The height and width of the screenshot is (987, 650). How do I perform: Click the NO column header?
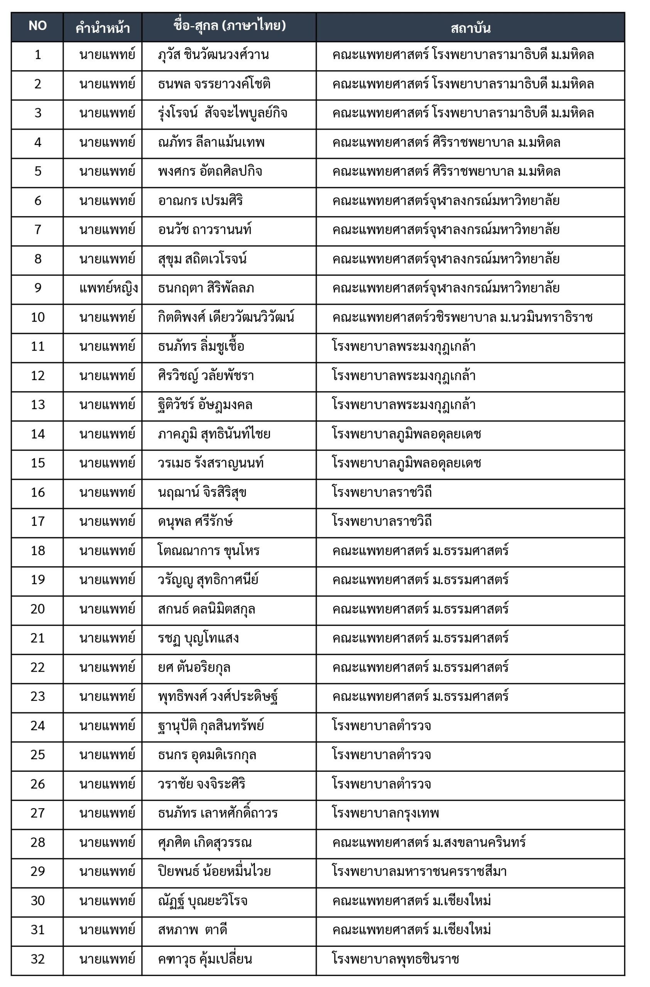point(37,26)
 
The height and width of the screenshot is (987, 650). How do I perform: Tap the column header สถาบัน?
point(470,28)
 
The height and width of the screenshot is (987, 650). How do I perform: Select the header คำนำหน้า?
point(103,28)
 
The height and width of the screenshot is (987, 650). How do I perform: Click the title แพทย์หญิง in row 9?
point(108,288)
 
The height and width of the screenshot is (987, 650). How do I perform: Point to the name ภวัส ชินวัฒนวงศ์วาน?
point(213,55)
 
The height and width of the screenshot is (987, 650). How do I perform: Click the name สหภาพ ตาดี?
point(192,930)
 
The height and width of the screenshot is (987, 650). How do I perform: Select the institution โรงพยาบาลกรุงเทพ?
point(385,813)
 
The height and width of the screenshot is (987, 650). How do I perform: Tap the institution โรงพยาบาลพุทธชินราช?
point(395,959)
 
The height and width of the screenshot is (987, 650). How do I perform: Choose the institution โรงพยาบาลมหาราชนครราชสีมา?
point(419,871)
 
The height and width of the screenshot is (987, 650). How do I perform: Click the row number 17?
point(37,521)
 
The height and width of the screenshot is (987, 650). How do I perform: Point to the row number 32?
point(37,959)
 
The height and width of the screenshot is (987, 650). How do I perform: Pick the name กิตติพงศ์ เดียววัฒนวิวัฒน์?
point(226,317)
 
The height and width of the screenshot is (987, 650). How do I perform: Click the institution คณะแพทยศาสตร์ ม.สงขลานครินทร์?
point(429,842)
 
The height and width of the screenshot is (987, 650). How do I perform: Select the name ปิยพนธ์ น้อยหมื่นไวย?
point(214,871)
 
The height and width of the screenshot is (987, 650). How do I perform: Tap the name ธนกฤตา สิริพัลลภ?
point(206,288)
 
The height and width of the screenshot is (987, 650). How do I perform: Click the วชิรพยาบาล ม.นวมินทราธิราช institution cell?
point(462,317)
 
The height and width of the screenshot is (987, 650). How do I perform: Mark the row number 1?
point(37,55)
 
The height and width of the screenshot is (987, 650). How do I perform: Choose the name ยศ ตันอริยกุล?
point(194,667)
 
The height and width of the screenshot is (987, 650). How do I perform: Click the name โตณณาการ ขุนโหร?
point(209,551)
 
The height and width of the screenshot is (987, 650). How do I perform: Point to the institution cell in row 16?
point(382,492)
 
